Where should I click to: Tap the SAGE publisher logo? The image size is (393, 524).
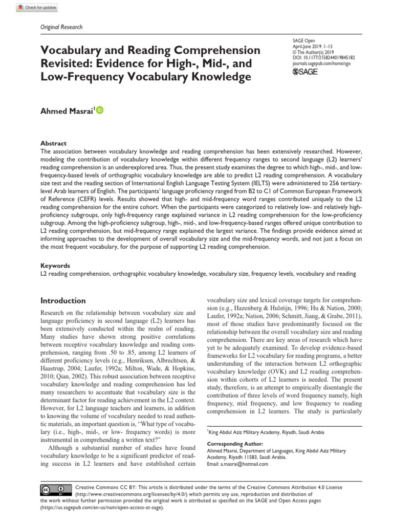coord(305,72)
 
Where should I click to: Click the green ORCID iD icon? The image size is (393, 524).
coord(99,110)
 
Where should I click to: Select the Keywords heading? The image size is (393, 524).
coord(55,266)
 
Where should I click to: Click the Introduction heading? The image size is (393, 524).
coord(63,300)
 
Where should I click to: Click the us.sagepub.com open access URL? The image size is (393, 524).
coord(102,508)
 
